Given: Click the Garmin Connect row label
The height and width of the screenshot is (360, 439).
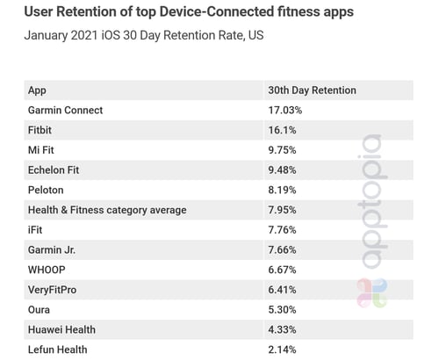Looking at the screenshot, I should pos(66,111).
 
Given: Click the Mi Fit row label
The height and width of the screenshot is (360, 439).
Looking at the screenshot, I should pos(42,150).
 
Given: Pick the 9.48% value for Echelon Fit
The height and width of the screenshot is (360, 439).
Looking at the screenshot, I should pos(284,170).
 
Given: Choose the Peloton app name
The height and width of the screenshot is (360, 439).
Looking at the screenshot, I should pos(47,190).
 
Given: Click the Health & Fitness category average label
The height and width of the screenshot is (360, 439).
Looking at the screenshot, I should pos(107,210).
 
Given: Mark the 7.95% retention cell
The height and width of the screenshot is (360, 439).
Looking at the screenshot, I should pos(284,210).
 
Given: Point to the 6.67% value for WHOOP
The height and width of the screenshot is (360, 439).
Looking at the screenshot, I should pos(284,270).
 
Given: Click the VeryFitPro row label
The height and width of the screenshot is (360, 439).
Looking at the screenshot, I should pos(54,290).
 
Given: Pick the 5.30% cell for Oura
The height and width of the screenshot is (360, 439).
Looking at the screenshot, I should pos(284,310).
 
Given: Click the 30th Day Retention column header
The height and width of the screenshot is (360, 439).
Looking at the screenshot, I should pos(312,90).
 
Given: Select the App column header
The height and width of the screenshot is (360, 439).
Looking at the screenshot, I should pos(38,90).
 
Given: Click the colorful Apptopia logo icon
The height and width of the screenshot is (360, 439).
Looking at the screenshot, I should pos(371,293).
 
